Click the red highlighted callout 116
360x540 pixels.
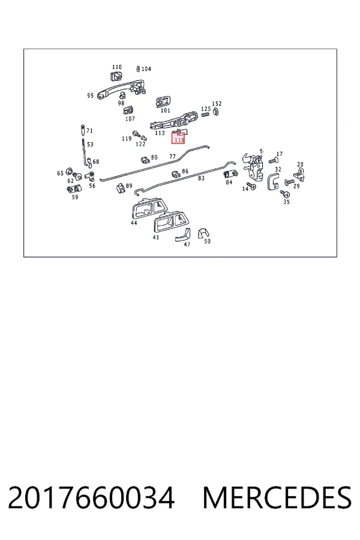click(178, 139)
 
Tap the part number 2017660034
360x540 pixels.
click(91, 498)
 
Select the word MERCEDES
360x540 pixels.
click(277, 498)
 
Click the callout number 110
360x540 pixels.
click(117, 67)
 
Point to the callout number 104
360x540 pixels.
click(146, 69)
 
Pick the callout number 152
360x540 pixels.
click(217, 103)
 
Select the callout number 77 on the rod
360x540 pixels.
click(173, 157)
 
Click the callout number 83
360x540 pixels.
click(201, 178)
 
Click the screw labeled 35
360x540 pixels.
click(284, 194)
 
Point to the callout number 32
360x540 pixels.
click(278, 169)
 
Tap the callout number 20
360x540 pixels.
click(301, 164)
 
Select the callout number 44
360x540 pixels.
click(134, 223)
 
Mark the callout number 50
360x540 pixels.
click(208, 241)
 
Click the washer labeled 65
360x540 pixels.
click(69, 171)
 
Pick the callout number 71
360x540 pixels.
click(89, 131)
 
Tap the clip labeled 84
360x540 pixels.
click(230, 174)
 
